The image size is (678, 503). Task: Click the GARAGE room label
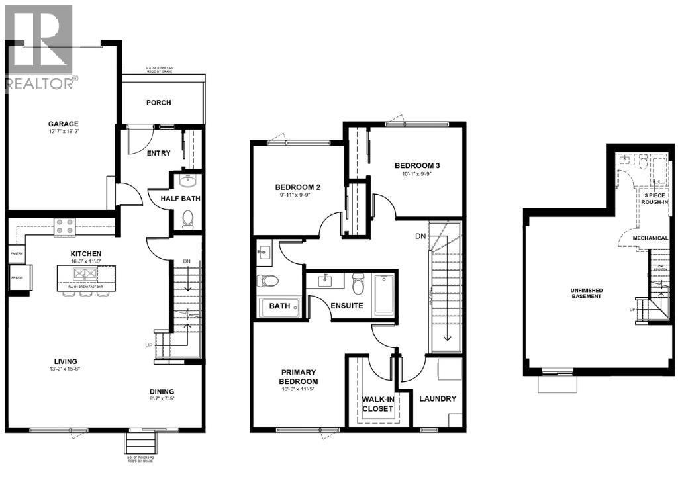(63, 124)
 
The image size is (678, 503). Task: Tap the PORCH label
(158, 103)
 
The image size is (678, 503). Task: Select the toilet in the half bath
(187, 218)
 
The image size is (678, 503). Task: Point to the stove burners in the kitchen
(65, 227)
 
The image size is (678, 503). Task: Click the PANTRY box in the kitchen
(17, 253)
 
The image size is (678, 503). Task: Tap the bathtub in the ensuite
(385, 295)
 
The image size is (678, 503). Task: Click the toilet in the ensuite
(358, 284)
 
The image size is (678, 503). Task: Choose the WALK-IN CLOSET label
(377, 404)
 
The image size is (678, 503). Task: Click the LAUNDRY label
(438, 399)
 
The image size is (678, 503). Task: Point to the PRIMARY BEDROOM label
(298, 377)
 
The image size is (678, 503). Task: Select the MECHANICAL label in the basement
(650, 238)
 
